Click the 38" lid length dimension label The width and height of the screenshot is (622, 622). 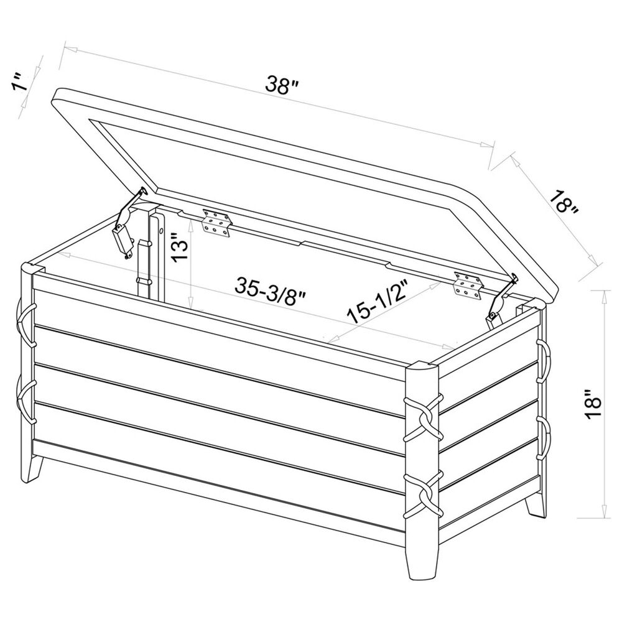point(278,86)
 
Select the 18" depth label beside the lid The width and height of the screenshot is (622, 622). point(564,200)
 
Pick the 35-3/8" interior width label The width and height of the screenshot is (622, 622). point(271,288)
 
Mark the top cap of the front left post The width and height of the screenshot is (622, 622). point(32,269)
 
